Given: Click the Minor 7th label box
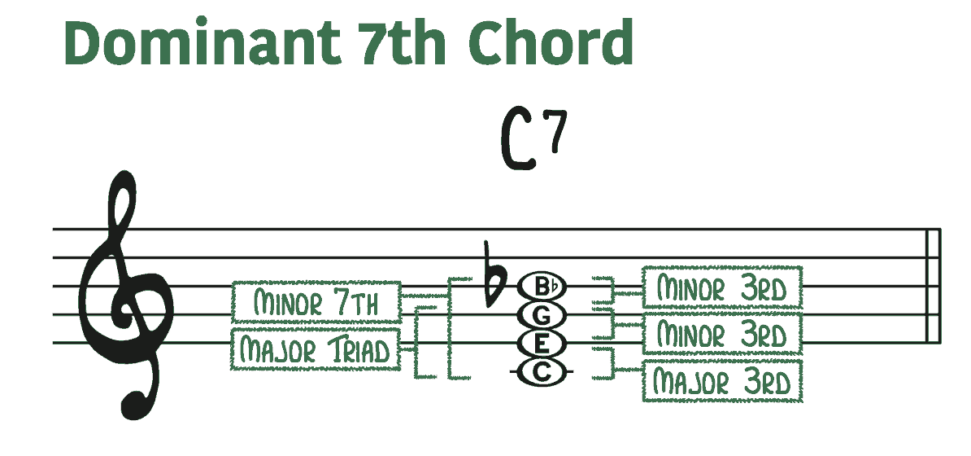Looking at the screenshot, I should [316, 302].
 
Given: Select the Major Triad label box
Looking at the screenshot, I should [316, 350].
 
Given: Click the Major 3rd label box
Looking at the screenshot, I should [722, 381].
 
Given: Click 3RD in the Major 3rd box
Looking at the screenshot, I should [764, 382].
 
